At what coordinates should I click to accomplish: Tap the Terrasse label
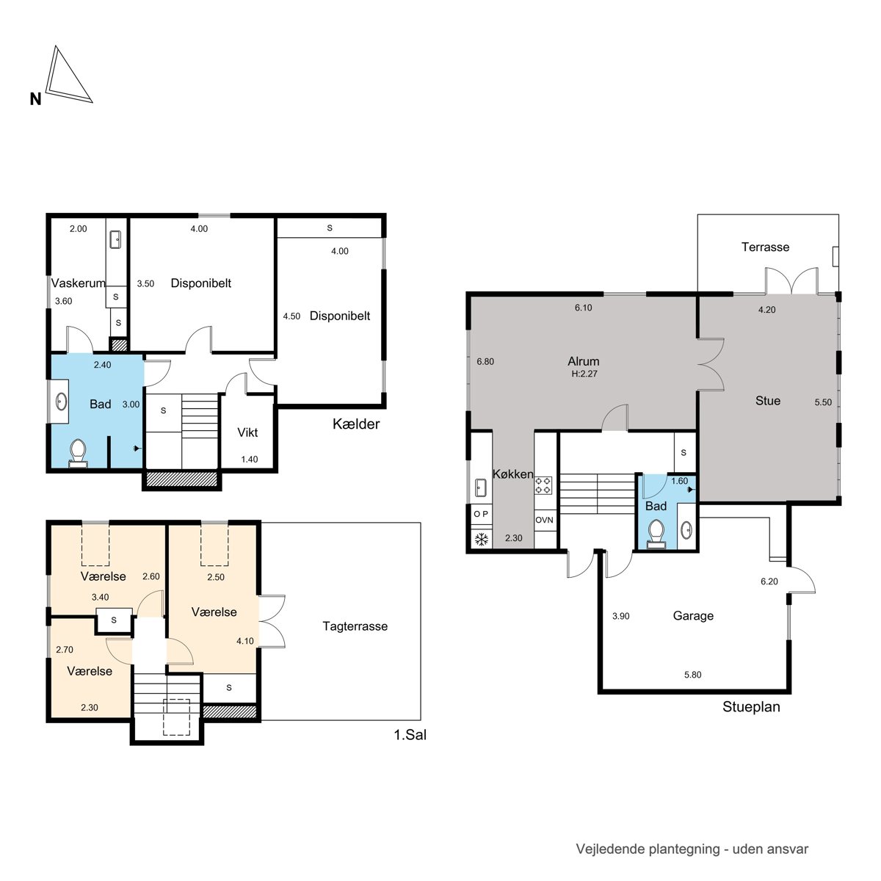765,247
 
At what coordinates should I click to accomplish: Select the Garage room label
692,616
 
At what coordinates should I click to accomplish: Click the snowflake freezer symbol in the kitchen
481,540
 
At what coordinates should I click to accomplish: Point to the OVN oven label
544,520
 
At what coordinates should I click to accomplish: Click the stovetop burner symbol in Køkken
543,485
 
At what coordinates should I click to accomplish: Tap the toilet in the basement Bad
78,453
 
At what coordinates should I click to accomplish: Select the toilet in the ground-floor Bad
656,533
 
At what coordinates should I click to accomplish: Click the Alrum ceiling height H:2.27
584,374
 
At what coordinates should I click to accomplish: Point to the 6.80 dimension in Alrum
485,362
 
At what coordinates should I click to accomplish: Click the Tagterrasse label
355,626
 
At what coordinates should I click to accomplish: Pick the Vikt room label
247,432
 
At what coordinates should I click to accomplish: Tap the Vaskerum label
78,283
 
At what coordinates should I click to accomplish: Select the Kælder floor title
355,424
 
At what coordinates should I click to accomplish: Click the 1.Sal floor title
410,735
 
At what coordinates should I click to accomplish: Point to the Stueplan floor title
751,707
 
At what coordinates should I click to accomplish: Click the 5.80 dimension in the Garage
692,675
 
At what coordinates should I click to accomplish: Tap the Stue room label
768,401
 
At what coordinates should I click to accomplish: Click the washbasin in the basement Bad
61,402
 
